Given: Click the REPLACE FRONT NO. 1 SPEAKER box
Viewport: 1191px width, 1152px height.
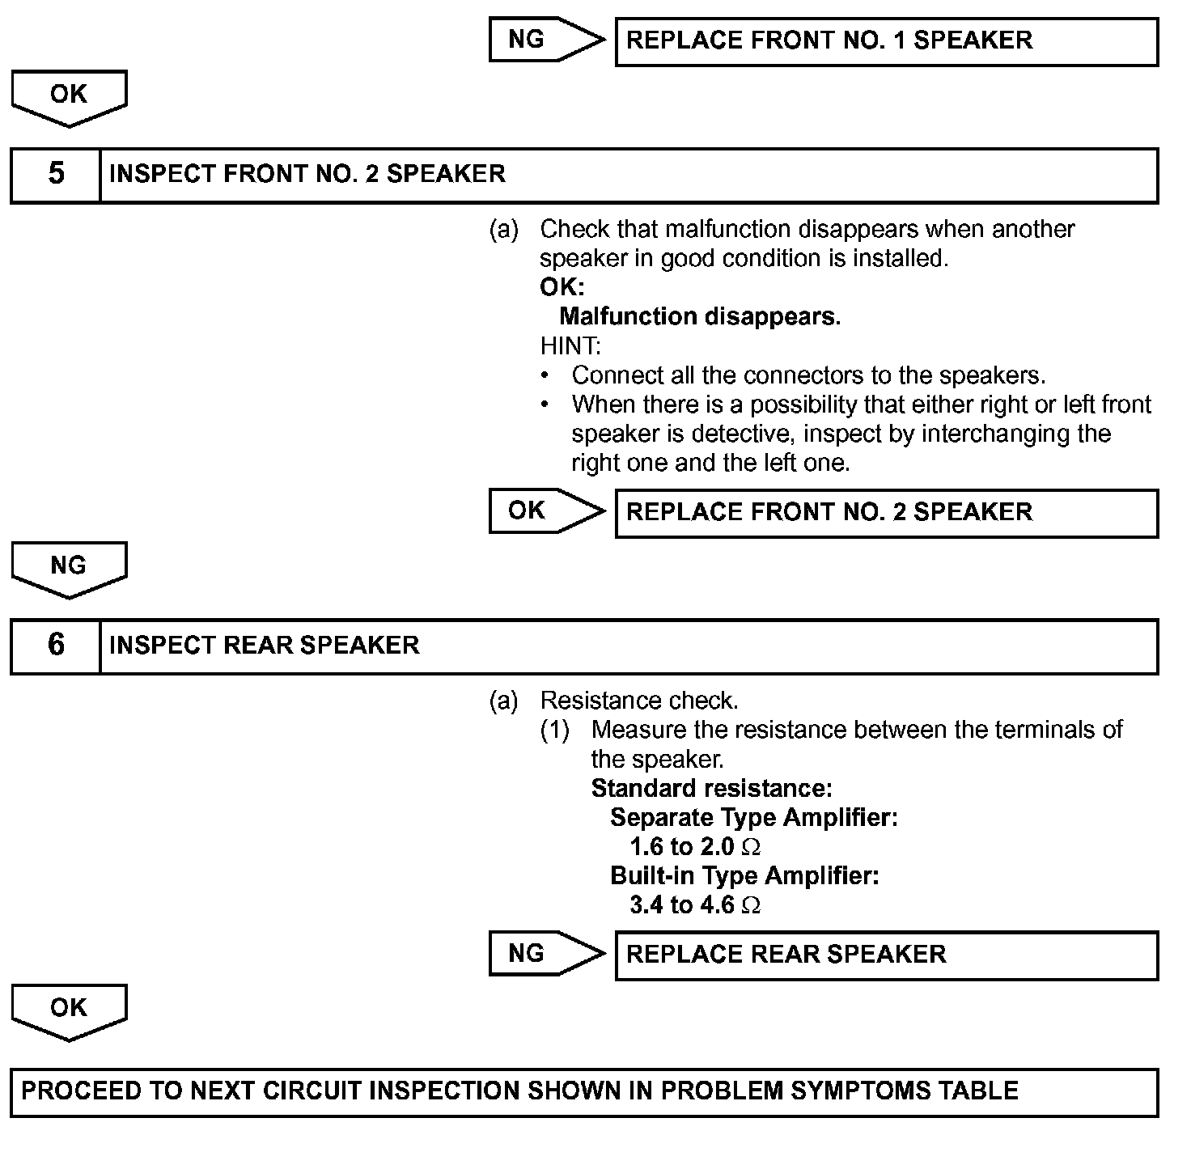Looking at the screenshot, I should click(x=886, y=41).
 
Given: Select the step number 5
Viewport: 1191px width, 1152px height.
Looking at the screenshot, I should click(x=56, y=174).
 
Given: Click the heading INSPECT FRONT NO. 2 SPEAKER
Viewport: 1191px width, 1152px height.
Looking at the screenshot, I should click(x=307, y=174).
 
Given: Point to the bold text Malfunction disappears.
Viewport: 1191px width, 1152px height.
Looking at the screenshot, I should click(x=700, y=316).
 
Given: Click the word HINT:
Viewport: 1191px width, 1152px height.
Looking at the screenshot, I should click(x=570, y=346).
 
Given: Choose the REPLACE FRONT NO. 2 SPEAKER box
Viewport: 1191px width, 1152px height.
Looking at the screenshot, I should click(x=886, y=512).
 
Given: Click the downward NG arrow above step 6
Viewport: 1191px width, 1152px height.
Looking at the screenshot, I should click(x=69, y=568).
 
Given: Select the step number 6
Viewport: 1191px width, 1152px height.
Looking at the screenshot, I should click(x=56, y=645).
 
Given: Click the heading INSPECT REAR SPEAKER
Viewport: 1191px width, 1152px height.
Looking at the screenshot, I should click(x=264, y=646).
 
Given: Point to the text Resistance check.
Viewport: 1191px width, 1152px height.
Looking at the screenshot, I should click(x=638, y=701).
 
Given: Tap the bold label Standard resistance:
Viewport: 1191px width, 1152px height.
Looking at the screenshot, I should click(x=711, y=788).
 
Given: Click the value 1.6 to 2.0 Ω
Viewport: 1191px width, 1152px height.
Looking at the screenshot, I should click(x=695, y=847).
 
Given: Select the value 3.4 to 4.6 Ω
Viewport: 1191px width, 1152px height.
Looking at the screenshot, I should click(x=695, y=905).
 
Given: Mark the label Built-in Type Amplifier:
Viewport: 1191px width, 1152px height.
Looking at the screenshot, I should click(x=744, y=876).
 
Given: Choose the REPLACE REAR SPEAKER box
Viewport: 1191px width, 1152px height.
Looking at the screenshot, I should click(x=886, y=955).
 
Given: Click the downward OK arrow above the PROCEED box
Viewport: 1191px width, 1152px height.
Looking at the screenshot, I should click(x=69, y=1010).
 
